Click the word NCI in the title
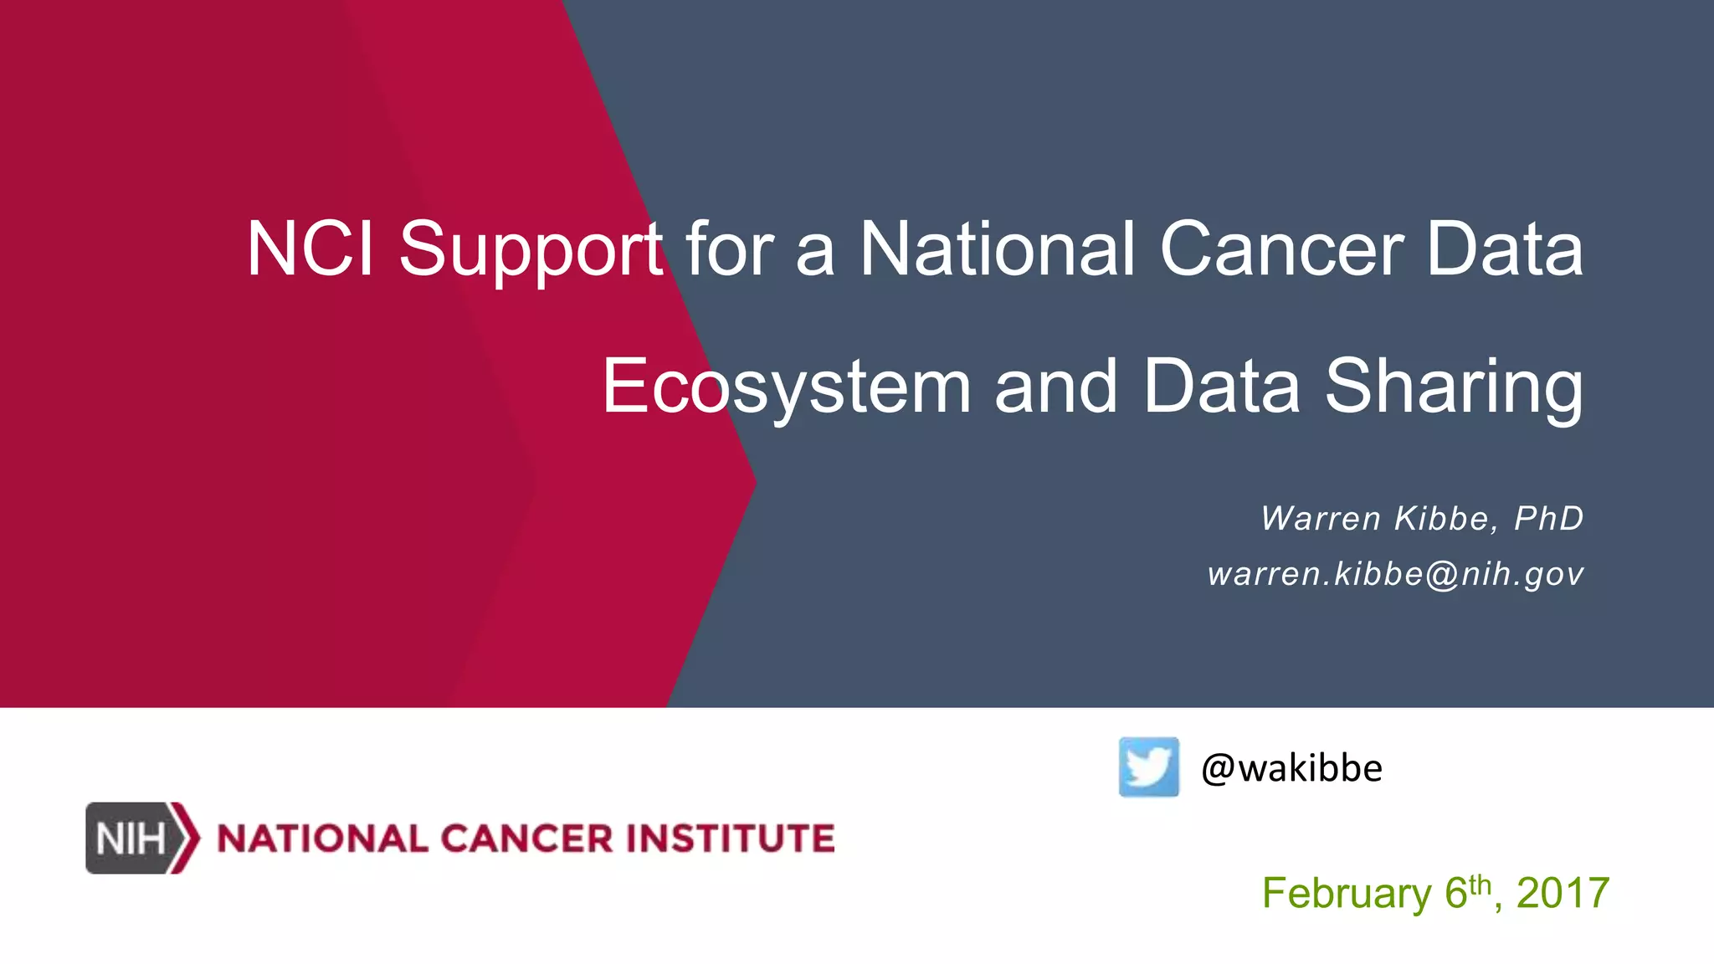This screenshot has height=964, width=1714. point(309,249)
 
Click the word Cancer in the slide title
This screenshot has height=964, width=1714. point(1281,249)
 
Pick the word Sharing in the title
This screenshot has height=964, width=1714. point(1454,387)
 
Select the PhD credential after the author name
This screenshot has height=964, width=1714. point(1549,519)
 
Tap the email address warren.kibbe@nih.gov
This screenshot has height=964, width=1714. point(1395,574)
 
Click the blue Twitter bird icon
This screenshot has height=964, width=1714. point(1148,767)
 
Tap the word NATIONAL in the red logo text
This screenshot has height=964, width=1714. point(322,838)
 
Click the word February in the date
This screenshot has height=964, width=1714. point(1347,893)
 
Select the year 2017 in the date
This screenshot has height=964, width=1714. point(1563,893)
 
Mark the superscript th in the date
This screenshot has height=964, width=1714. point(1480,884)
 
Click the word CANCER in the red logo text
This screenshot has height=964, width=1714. point(526,838)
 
